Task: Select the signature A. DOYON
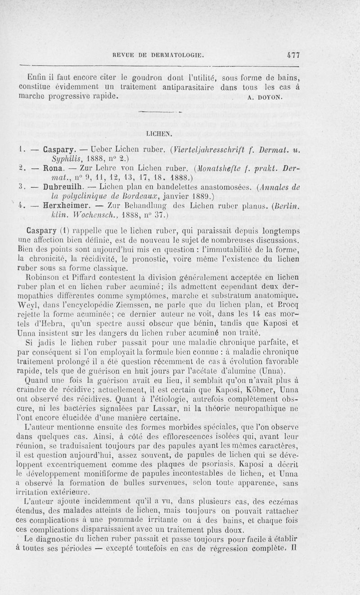click(x=265, y=96)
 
